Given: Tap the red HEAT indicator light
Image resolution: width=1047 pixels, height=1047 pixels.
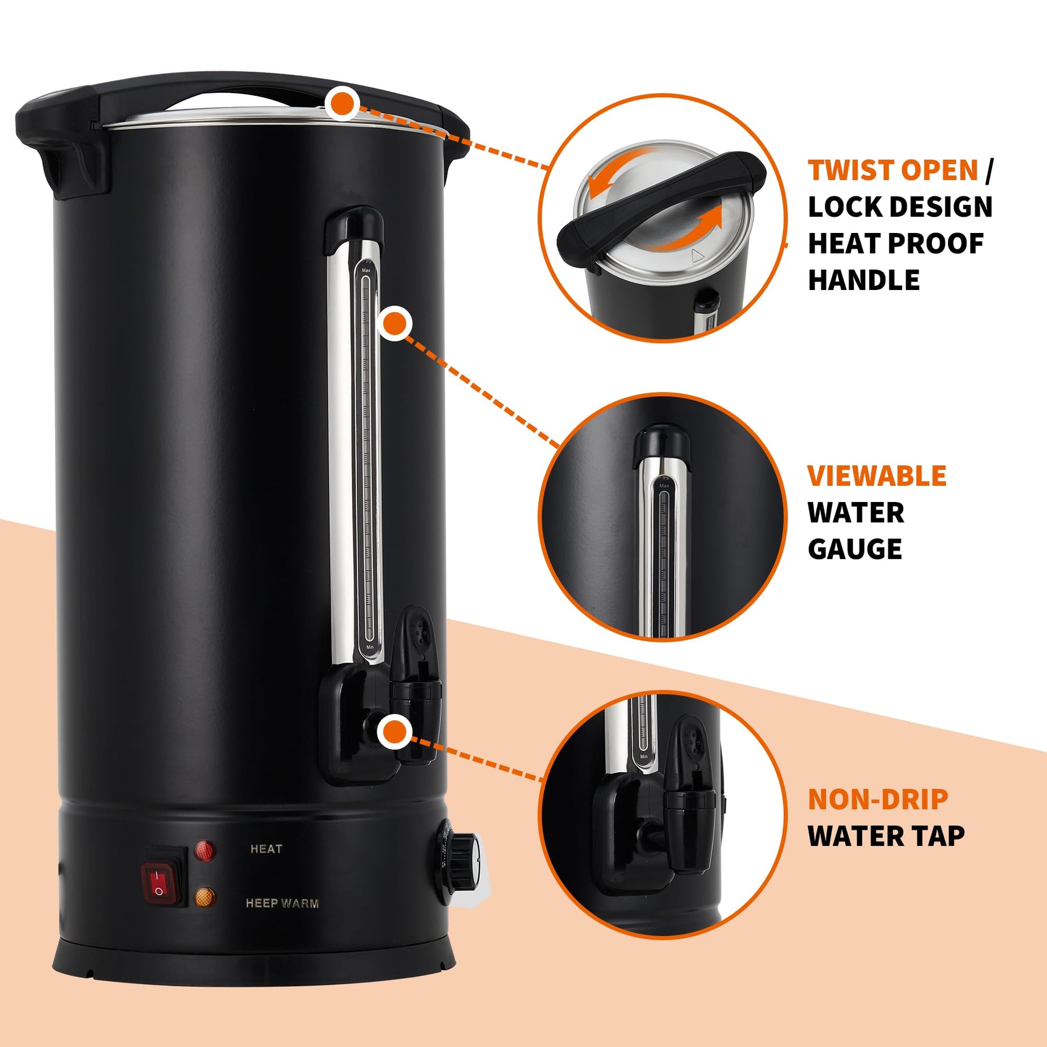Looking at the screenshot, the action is [204, 850].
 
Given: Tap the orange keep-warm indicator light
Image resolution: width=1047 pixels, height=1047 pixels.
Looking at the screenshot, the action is [204, 898].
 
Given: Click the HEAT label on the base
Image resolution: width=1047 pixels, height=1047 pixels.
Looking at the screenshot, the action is [266, 849].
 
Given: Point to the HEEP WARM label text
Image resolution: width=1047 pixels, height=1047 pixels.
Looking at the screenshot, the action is [282, 903].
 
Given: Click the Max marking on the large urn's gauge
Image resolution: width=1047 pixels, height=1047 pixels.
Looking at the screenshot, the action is [366, 270].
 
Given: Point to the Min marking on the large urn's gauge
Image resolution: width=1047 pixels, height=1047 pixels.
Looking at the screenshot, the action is [370, 647].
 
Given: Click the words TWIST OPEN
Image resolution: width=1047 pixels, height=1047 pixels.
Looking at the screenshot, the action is [893, 170].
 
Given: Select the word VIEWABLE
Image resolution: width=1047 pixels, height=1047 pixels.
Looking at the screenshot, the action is [877, 476].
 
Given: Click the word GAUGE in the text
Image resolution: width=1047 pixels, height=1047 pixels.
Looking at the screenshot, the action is [854, 549].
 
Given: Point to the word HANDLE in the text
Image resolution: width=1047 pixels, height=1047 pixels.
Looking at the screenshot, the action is [864, 280].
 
